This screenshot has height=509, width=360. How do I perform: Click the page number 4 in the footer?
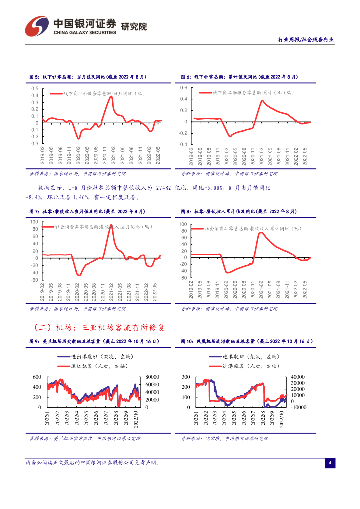tap(329, 463)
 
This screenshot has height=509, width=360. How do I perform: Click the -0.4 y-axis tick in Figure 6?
tap(183, 144)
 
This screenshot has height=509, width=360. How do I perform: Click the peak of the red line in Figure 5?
tap(111, 96)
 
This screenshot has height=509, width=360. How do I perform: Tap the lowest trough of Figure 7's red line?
tap(79, 275)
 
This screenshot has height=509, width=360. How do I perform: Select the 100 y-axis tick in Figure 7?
tap(34, 222)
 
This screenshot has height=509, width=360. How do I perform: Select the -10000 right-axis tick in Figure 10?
tap(299, 407)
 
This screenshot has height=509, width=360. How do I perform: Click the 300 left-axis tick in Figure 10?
tap(186, 377)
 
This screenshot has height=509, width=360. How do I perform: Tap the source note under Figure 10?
tap(225, 439)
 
